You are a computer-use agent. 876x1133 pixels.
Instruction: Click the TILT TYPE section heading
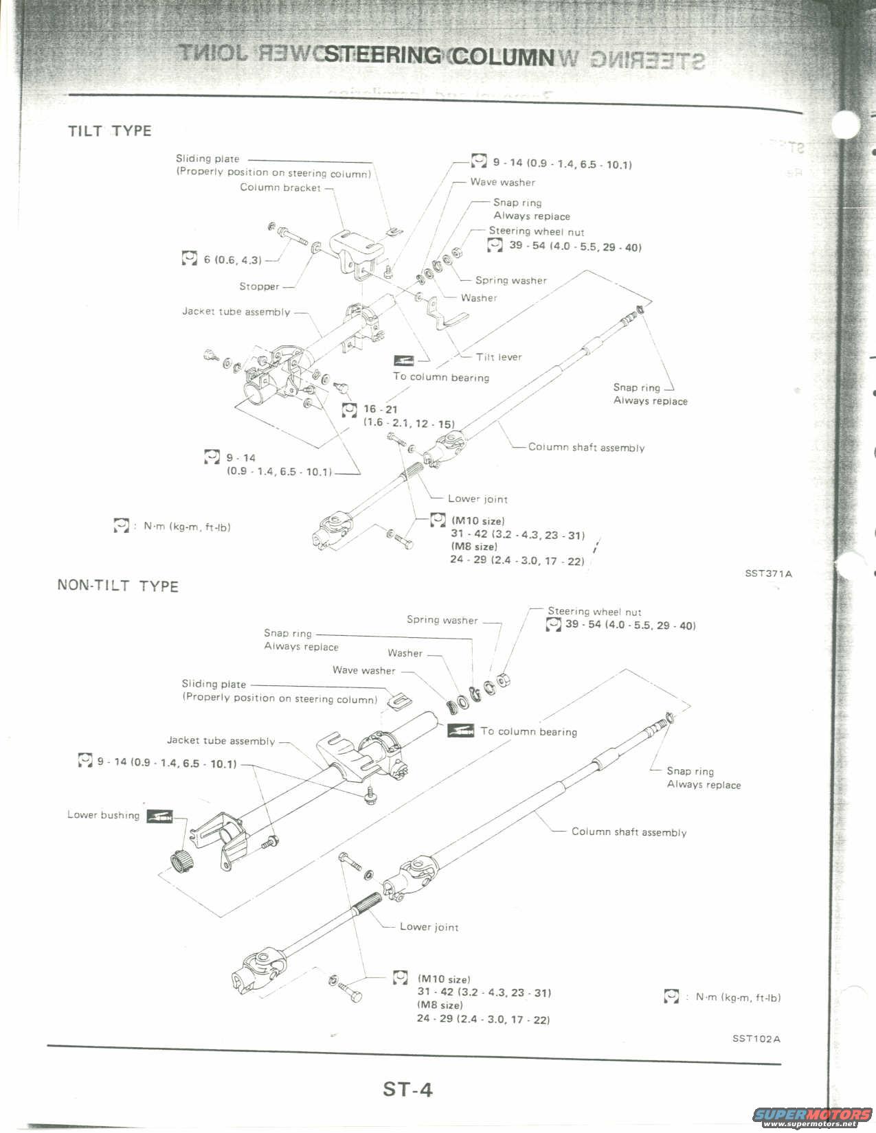pos(109,130)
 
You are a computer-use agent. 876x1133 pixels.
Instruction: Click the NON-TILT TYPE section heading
pos(117,586)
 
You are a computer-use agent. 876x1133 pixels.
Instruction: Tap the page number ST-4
pos(408,1089)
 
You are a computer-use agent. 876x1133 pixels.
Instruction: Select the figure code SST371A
pos(768,573)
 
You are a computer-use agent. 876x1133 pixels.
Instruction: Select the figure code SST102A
pos(756,1038)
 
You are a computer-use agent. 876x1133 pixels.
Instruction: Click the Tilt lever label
pos(499,357)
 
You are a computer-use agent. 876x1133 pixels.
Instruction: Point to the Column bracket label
pos(280,187)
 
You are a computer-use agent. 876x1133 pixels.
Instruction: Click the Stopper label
pos(259,286)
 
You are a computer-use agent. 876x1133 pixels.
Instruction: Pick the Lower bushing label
pos(103,815)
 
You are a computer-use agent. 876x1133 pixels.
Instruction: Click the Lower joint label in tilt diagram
pos(478,499)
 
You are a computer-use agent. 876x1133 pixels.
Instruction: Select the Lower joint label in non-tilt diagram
pos(429,927)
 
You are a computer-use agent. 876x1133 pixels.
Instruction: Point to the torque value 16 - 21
pos(381,409)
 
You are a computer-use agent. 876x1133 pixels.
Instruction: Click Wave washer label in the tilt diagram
pos(502,182)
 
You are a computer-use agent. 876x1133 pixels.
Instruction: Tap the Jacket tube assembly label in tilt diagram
pos(236,312)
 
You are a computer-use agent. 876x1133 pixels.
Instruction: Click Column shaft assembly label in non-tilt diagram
pos(629,832)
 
